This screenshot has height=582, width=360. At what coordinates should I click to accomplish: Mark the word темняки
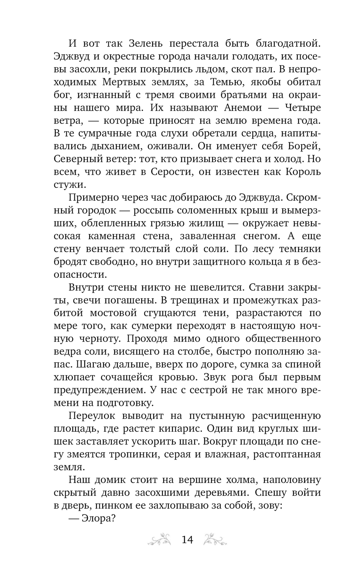pos(297,249)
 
